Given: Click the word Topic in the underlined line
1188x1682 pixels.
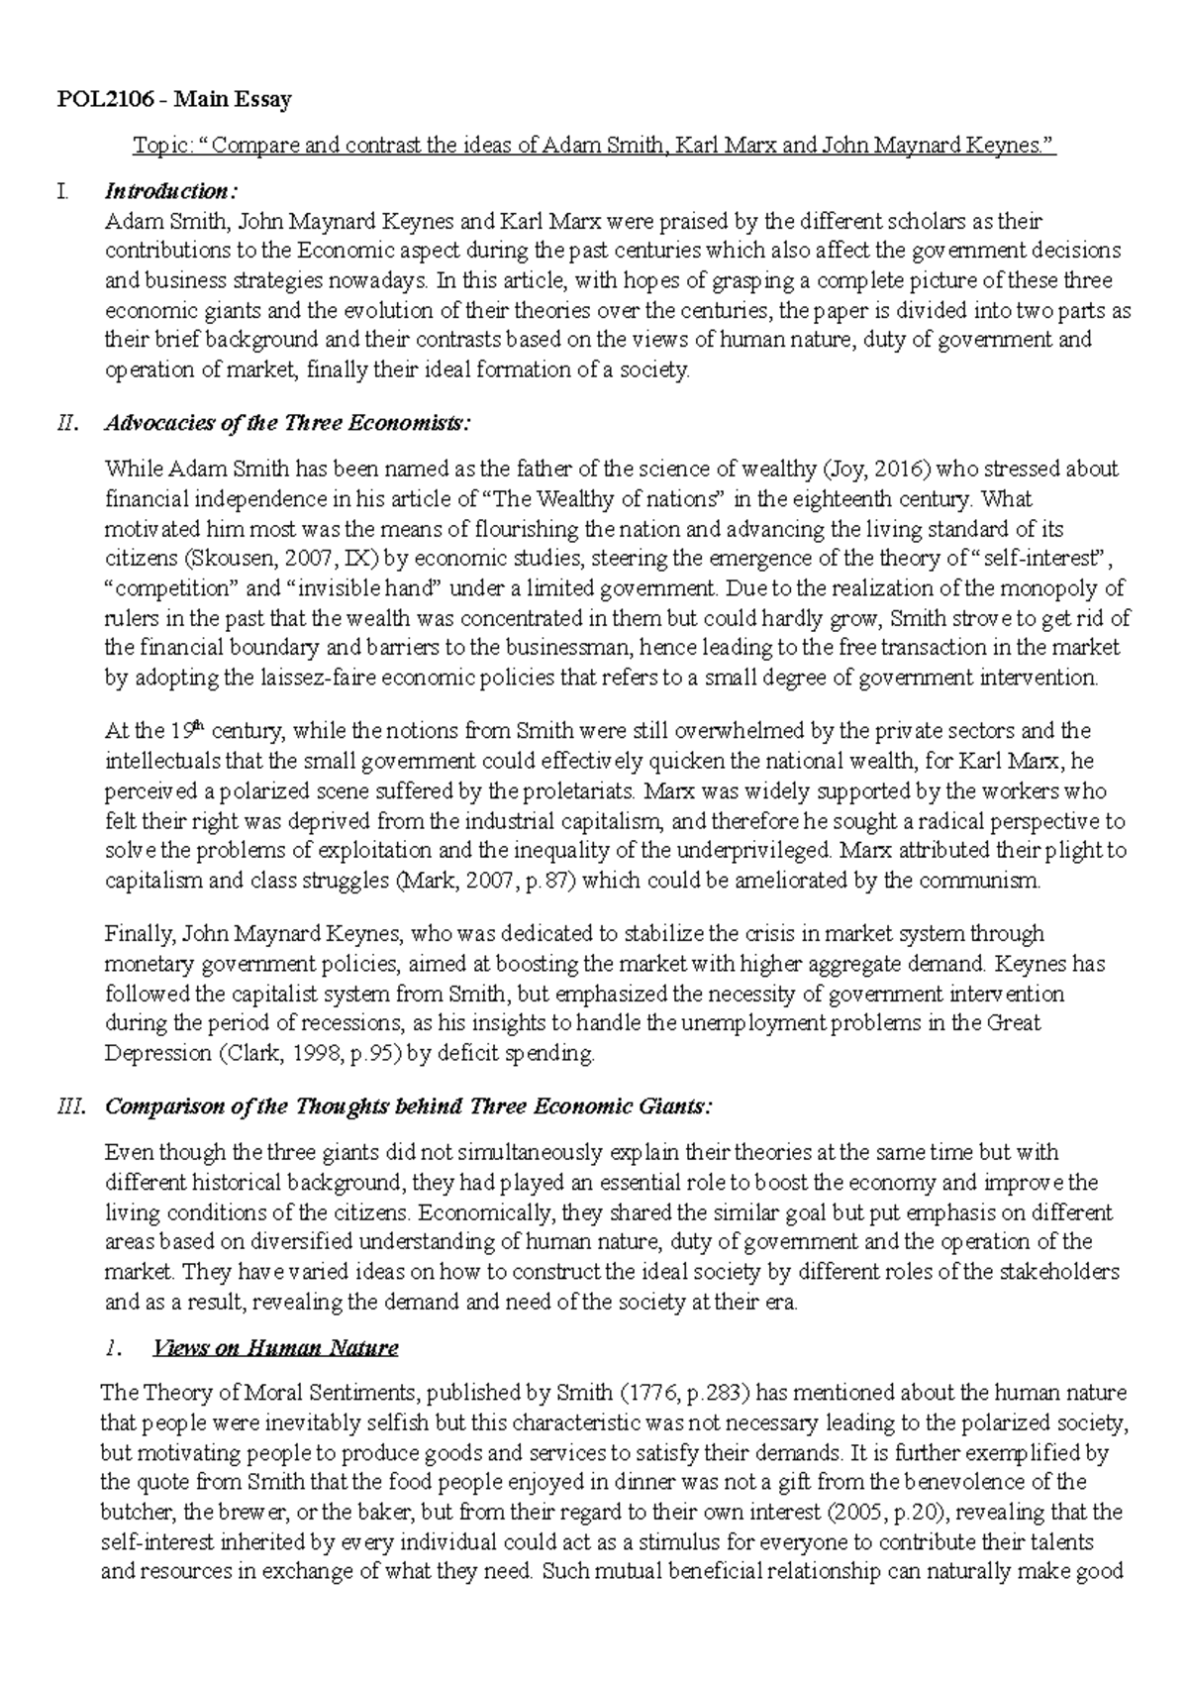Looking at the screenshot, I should click(x=157, y=147).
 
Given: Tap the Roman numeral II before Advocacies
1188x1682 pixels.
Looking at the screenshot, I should click(x=66, y=424).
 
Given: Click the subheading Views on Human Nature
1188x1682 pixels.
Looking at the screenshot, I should click(x=274, y=1348).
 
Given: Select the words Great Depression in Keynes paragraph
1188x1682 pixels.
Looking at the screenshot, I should click(x=1009, y=1023).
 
